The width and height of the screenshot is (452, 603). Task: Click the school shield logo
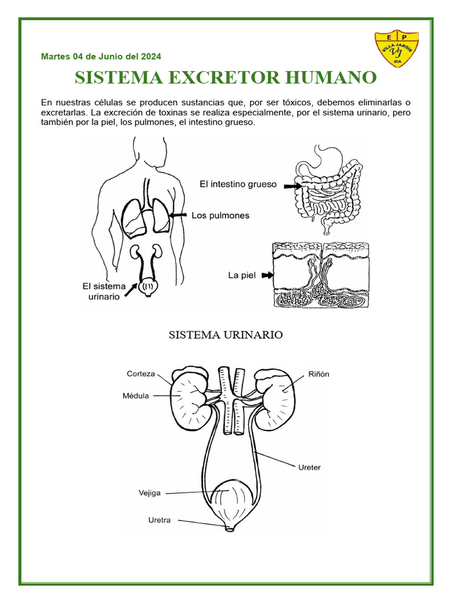pos(397,50)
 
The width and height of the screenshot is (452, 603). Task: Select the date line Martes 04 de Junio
pos(101,57)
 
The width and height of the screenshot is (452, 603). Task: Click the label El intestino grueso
pos(238,184)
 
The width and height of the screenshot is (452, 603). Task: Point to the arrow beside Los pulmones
pos(178,216)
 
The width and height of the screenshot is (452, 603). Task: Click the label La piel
pos(241,275)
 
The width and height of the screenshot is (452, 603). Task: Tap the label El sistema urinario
pos(104,291)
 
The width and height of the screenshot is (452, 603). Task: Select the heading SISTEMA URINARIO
pos(226,335)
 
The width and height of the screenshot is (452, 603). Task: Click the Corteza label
pos(141,373)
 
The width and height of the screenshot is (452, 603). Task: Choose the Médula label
pos(135,396)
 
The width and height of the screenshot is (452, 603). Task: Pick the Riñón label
pos(318,374)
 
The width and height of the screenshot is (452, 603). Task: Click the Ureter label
pos(308,468)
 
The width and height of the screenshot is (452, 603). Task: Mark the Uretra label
pos(159,520)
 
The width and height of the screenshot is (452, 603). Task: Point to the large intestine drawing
pos(328,188)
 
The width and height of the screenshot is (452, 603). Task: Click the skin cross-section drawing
pos(321,276)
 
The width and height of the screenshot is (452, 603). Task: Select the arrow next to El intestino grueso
pos(291,185)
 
